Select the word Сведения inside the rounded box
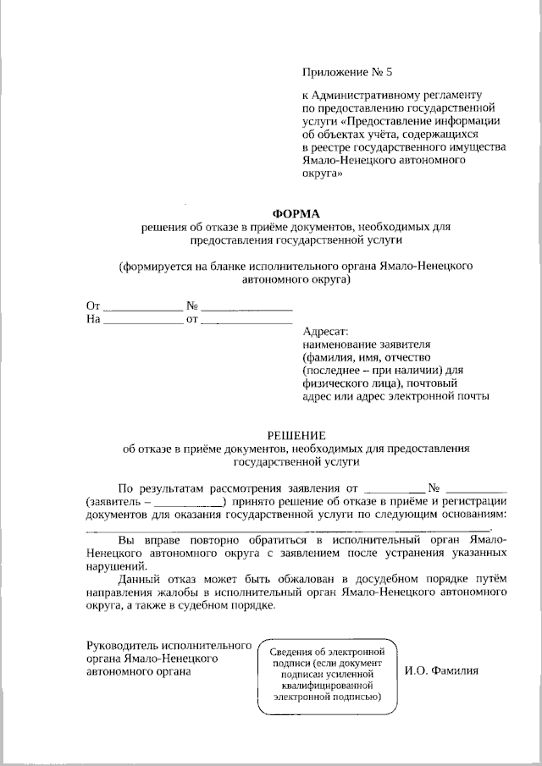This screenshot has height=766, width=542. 292,652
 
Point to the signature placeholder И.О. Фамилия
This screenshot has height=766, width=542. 442,670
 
